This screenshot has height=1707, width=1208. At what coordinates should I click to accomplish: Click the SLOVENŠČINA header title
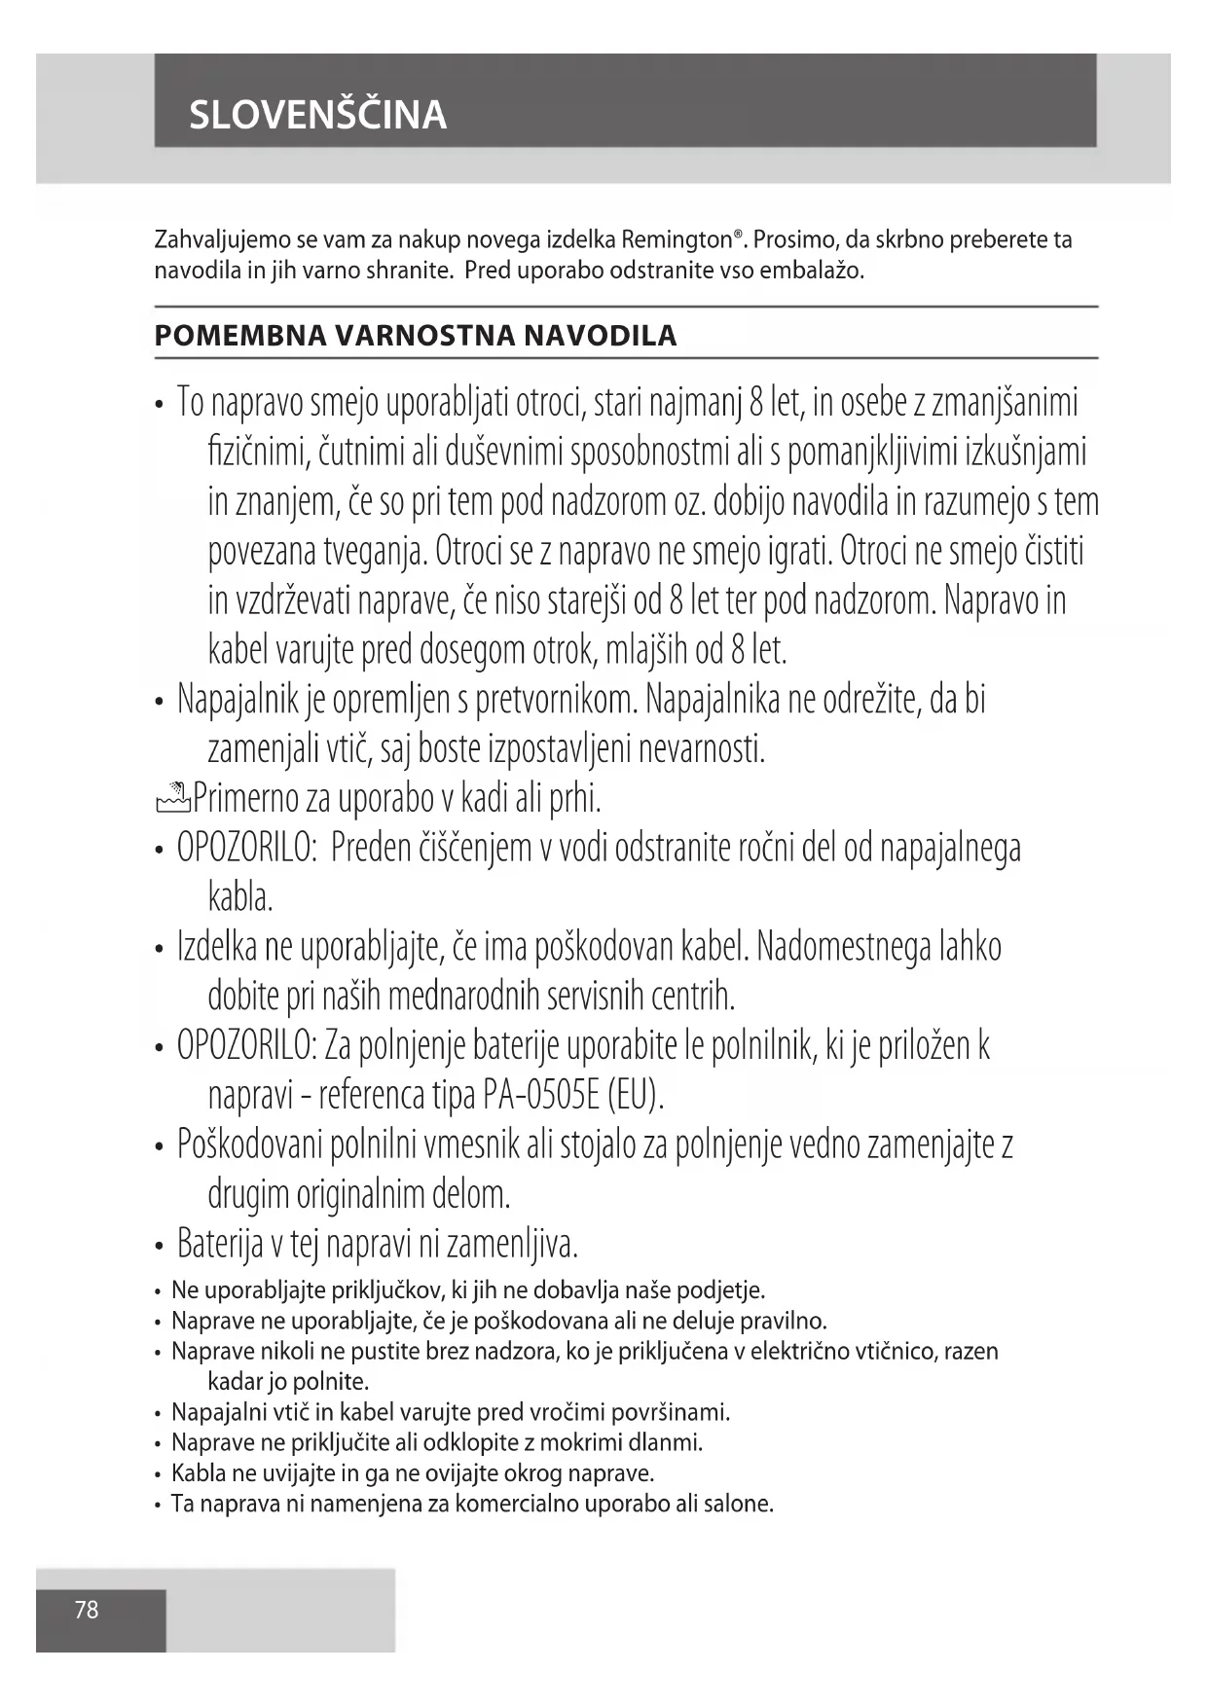(x=317, y=115)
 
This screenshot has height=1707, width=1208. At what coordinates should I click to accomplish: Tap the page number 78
(x=87, y=1610)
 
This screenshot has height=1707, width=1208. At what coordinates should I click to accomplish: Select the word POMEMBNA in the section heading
(x=239, y=336)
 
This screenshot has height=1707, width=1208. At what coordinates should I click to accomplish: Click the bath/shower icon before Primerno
(x=172, y=799)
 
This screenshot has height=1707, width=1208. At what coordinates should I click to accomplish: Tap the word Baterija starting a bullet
(x=220, y=1244)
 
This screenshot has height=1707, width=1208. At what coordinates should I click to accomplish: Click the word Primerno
(x=246, y=799)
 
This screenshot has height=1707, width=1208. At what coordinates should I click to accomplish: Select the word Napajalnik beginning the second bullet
(x=230, y=700)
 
